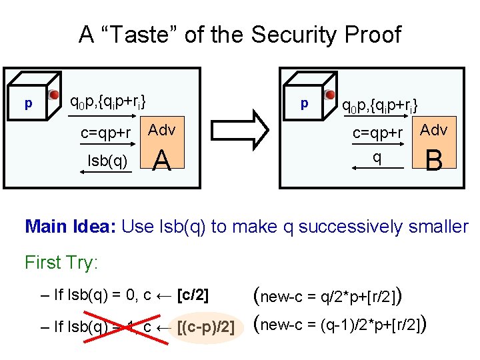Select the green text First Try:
(61, 263)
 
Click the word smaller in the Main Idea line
(433, 227)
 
